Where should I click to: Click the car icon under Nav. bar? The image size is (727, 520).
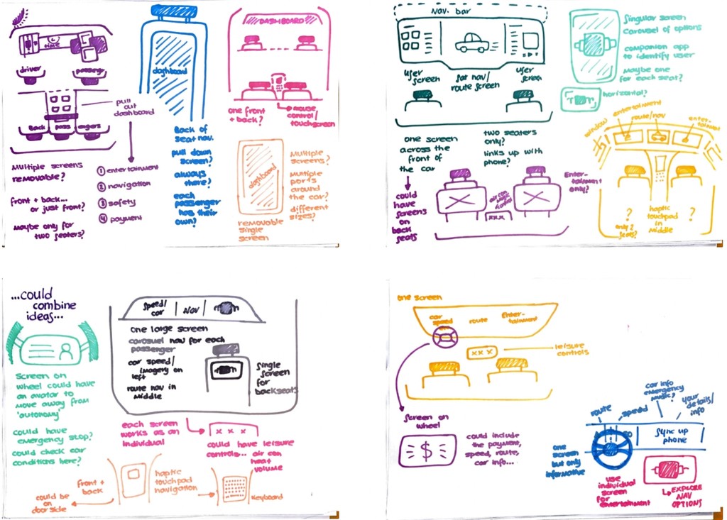point(471,44)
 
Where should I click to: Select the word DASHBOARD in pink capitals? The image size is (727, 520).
point(278,21)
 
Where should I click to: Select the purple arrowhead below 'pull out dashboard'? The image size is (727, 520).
point(129,156)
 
